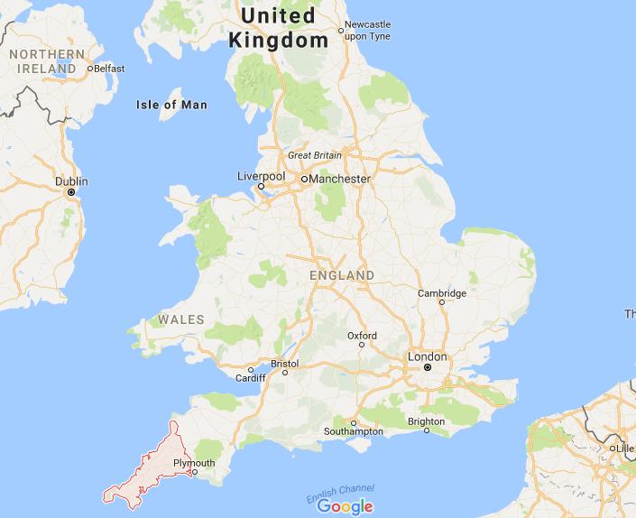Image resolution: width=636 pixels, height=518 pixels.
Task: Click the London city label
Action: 428,356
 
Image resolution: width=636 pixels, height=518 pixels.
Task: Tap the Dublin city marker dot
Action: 70,192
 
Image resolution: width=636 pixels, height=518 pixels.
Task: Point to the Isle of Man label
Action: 171,105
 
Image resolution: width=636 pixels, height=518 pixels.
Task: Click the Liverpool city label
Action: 261,175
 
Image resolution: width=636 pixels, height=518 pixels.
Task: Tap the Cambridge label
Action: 442,293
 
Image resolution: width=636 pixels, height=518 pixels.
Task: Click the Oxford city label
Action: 362,336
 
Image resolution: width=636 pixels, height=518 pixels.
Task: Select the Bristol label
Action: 284,365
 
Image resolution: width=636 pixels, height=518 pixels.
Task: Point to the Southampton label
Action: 354,432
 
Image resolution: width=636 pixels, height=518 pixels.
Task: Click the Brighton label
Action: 426,421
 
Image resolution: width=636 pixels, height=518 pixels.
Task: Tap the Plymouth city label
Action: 194,463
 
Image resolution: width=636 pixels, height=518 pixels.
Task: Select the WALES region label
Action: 181,319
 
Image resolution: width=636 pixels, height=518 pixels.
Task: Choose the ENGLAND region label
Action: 341,274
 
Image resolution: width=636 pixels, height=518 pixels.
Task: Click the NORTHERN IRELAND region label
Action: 42,61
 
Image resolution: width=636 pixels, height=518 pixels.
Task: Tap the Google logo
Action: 345,506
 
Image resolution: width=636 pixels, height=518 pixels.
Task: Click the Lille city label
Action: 624,448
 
